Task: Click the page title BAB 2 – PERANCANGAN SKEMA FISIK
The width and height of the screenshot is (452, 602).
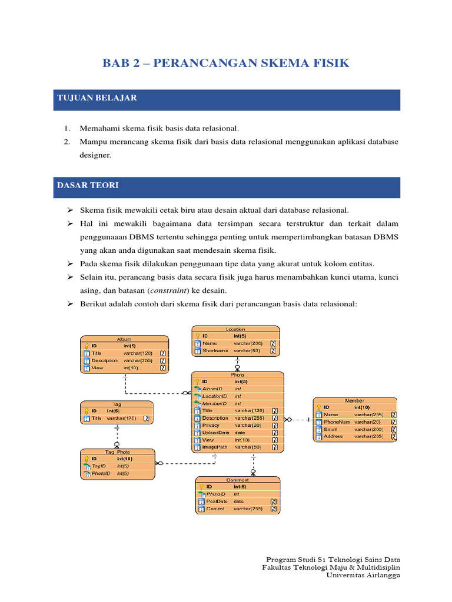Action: (x=226, y=63)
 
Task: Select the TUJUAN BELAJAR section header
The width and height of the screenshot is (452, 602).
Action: (x=97, y=98)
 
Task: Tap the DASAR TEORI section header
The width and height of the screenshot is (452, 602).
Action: (x=88, y=186)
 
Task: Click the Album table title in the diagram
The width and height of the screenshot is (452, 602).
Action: (x=124, y=339)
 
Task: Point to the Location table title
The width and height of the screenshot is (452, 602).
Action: (x=235, y=329)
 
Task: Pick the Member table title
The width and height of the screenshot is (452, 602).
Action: (x=354, y=400)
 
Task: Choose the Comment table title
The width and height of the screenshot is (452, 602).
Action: (x=238, y=480)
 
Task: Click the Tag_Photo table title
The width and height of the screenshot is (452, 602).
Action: (x=118, y=452)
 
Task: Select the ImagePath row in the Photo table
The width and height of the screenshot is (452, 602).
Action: (x=215, y=447)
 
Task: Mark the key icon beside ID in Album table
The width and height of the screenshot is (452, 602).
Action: (x=86, y=346)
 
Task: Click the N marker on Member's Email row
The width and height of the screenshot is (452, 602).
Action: (x=393, y=429)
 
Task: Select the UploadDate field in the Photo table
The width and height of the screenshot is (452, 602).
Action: (x=217, y=433)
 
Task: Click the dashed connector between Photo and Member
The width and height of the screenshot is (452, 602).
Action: (x=300, y=420)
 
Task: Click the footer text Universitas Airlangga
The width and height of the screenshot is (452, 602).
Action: (x=363, y=576)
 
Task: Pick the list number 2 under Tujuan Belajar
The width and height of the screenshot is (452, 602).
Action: (x=68, y=142)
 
